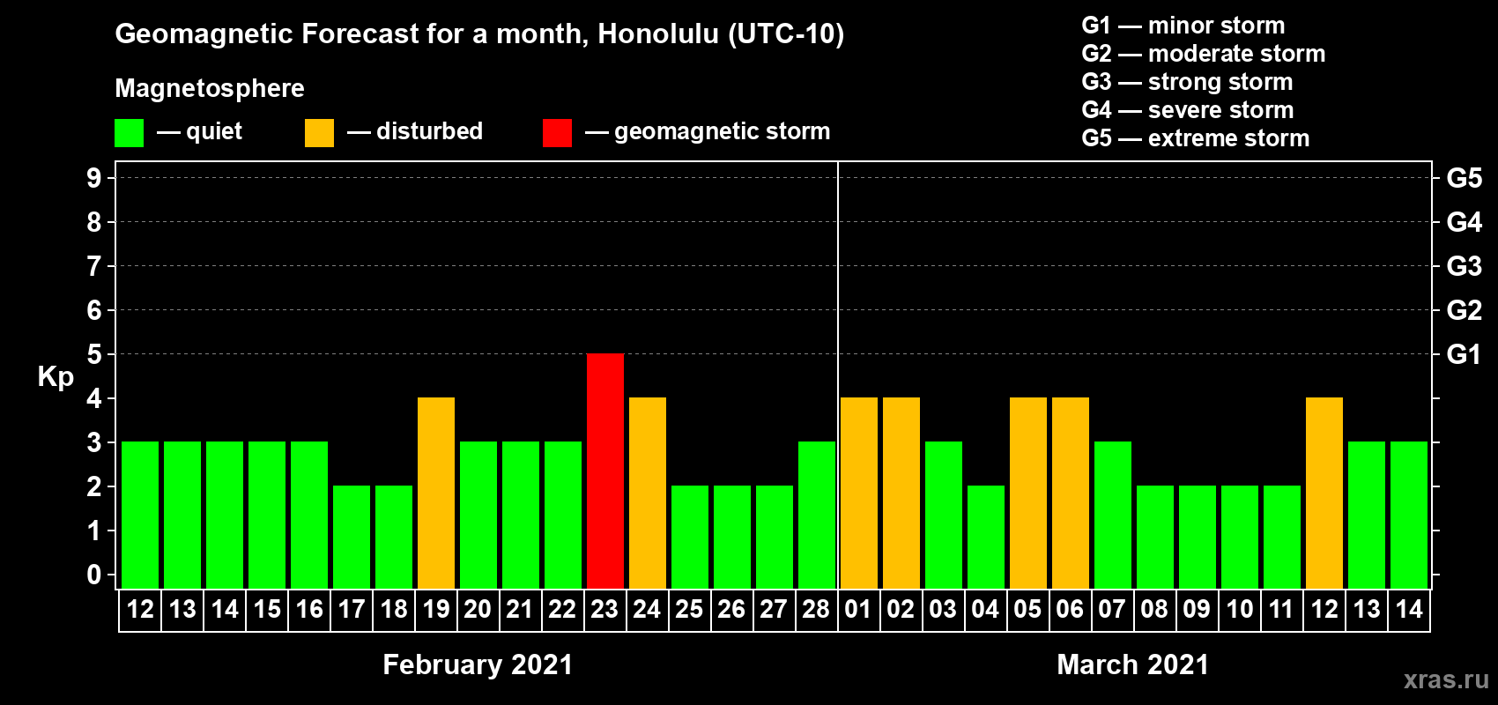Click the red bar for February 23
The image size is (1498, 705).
(x=605, y=471)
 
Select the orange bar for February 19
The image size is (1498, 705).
(x=436, y=493)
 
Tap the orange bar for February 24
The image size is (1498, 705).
(x=648, y=493)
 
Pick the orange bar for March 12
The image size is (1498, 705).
(x=1324, y=493)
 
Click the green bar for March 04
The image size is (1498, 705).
(x=986, y=537)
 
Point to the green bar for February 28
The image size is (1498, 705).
(x=817, y=515)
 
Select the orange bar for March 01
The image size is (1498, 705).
(x=858, y=493)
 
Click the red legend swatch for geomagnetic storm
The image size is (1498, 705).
(x=558, y=132)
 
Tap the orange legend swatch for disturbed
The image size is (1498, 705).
(x=319, y=132)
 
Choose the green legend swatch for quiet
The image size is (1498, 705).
(x=129, y=132)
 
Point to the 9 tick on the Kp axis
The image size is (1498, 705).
(x=93, y=178)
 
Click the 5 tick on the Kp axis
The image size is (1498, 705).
(x=93, y=354)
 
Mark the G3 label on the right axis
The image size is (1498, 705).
(x=1464, y=266)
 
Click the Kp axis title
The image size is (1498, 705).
(x=56, y=377)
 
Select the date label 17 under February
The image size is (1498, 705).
(x=352, y=609)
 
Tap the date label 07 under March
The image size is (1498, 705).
(x=1112, y=609)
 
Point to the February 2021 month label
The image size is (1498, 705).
(x=478, y=664)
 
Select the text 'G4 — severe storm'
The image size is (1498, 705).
(x=1188, y=109)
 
